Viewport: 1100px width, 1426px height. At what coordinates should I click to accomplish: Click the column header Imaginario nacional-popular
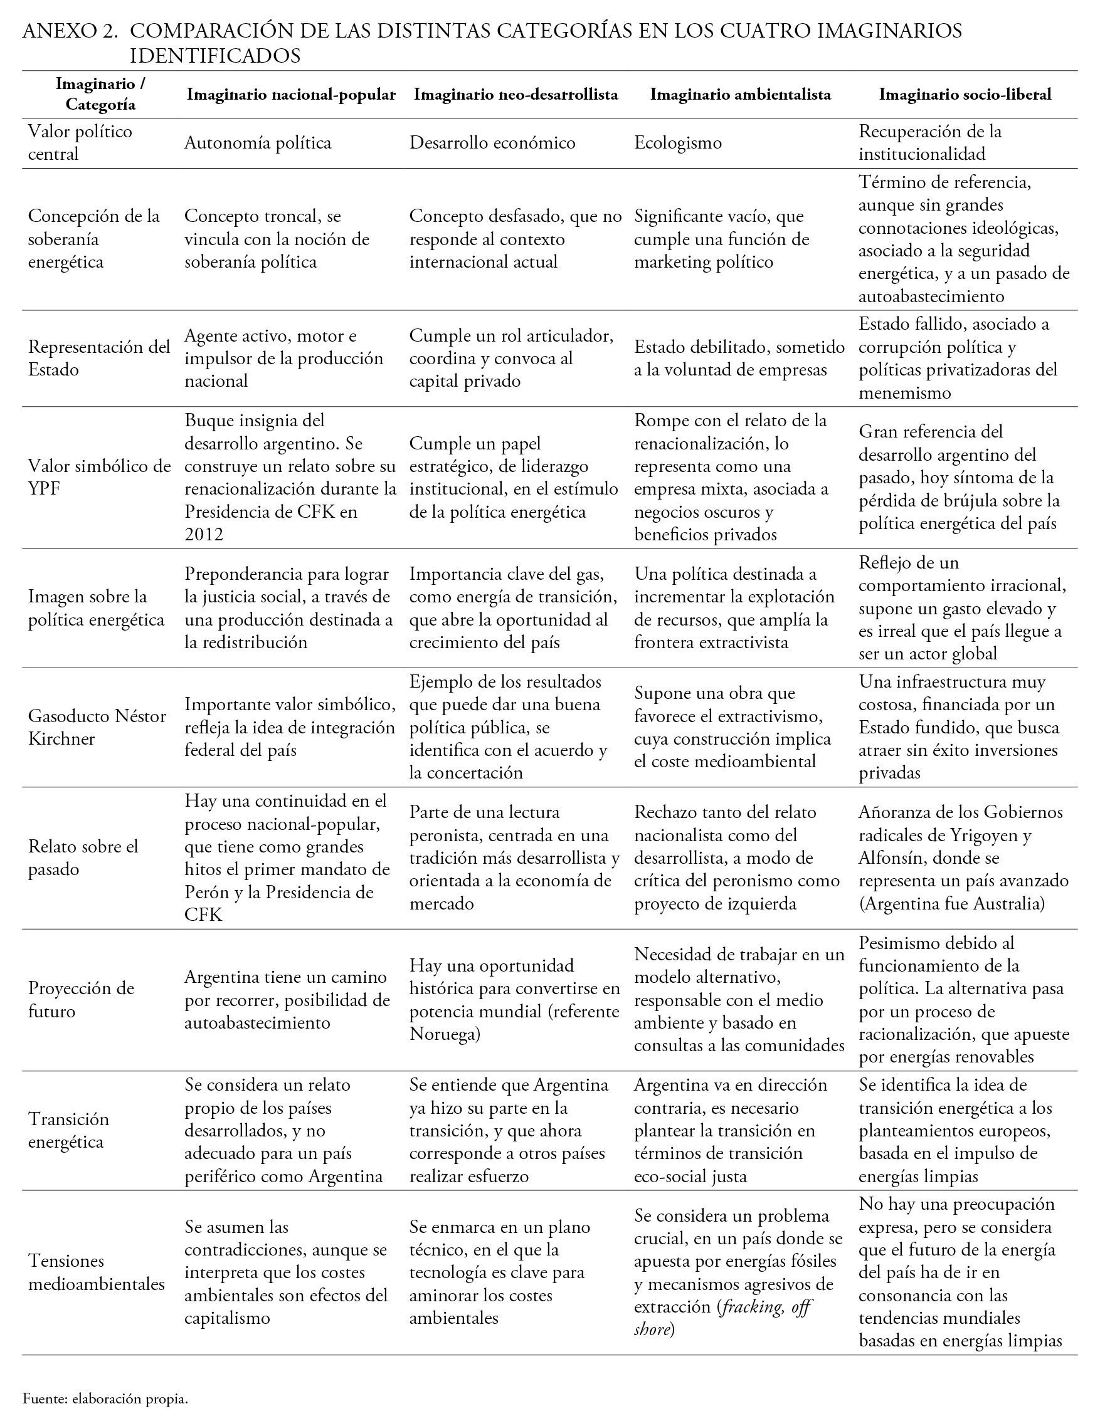(290, 95)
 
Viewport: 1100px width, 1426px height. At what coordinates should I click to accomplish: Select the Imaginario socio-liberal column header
(965, 95)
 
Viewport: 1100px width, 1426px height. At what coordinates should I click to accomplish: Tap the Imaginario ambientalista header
(740, 95)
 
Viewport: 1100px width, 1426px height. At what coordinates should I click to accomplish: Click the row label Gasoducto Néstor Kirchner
(97, 727)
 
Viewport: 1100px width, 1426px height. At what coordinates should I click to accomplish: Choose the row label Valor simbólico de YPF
(99, 477)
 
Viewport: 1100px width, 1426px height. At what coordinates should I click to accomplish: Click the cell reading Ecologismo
(677, 143)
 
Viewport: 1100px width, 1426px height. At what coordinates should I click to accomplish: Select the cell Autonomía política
(257, 143)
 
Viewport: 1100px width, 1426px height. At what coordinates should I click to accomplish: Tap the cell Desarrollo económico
(492, 143)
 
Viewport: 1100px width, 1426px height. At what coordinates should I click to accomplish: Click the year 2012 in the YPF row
(204, 535)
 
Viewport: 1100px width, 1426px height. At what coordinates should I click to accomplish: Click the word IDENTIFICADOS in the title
(215, 56)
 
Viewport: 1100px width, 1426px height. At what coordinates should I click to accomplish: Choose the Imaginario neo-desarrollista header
(516, 95)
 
